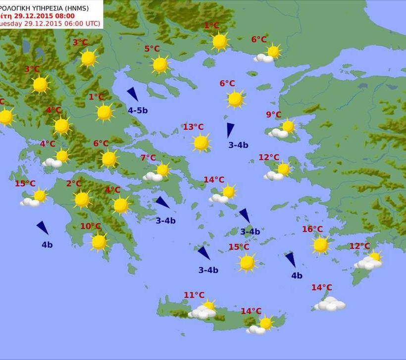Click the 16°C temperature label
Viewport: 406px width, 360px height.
[x=312, y=229]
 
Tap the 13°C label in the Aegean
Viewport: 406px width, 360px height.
[x=193, y=127]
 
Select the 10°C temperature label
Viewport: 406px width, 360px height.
[x=91, y=226]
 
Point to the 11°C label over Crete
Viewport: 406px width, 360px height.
[x=194, y=295]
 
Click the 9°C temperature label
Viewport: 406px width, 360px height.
[x=273, y=115]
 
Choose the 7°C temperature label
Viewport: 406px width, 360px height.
[x=148, y=158]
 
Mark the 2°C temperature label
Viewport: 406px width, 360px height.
[x=74, y=184]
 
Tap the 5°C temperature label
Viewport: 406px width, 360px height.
[x=152, y=49]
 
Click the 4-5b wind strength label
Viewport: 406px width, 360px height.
[x=138, y=110]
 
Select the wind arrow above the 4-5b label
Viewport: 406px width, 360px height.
[x=132, y=94]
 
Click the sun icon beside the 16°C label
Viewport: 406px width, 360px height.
[x=320, y=245]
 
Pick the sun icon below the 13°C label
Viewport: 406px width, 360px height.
[x=201, y=143]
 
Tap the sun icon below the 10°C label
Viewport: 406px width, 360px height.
[x=99, y=242]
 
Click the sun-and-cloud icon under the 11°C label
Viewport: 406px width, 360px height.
[x=203, y=310]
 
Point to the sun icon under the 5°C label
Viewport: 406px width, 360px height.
[x=160, y=64]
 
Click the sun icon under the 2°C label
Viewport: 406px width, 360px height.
[x=82, y=200]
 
